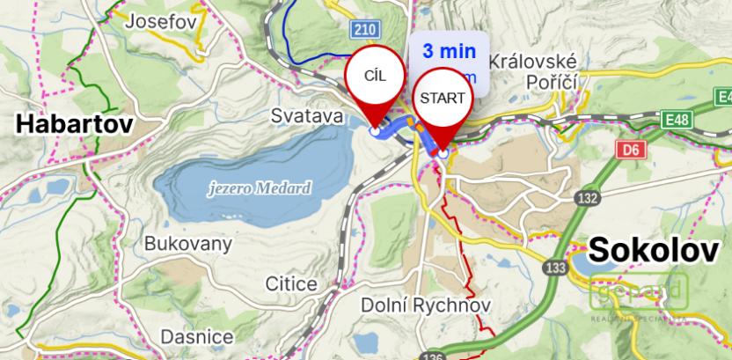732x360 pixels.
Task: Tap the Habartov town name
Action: [x=75, y=124]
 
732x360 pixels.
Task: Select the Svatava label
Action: [x=305, y=115]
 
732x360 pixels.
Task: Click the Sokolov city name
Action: [x=654, y=250]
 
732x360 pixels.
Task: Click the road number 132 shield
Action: [x=587, y=197]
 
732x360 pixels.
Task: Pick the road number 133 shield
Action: [x=556, y=266]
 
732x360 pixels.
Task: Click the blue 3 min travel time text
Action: [x=449, y=51]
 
